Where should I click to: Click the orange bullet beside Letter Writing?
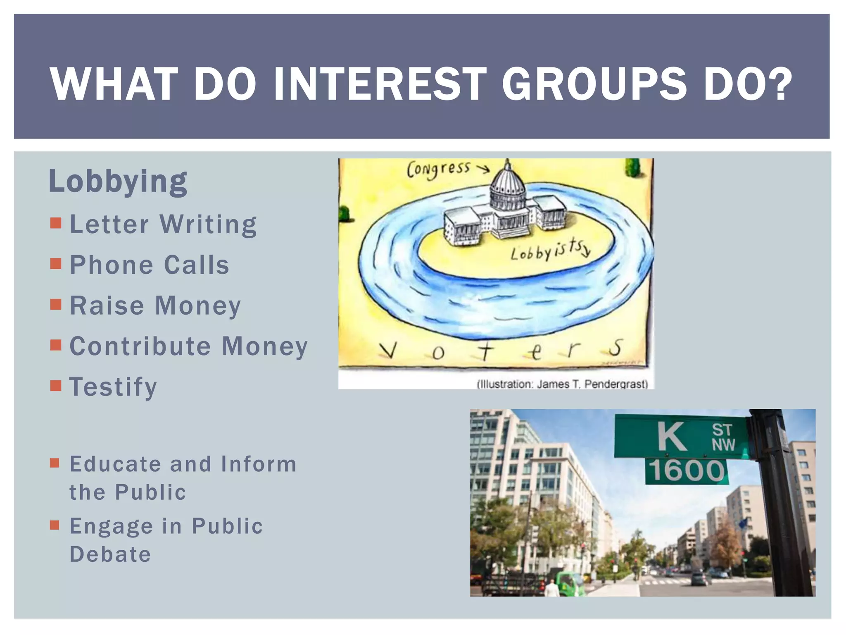(55, 224)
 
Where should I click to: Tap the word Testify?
(113, 387)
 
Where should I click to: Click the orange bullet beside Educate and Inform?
(55, 463)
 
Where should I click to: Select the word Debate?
(110, 554)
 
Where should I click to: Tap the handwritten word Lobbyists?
(550, 250)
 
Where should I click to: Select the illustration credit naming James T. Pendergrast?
(562, 384)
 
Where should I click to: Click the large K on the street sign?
(672, 437)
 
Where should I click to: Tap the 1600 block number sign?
(687, 471)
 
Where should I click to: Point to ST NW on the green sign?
(723, 437)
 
